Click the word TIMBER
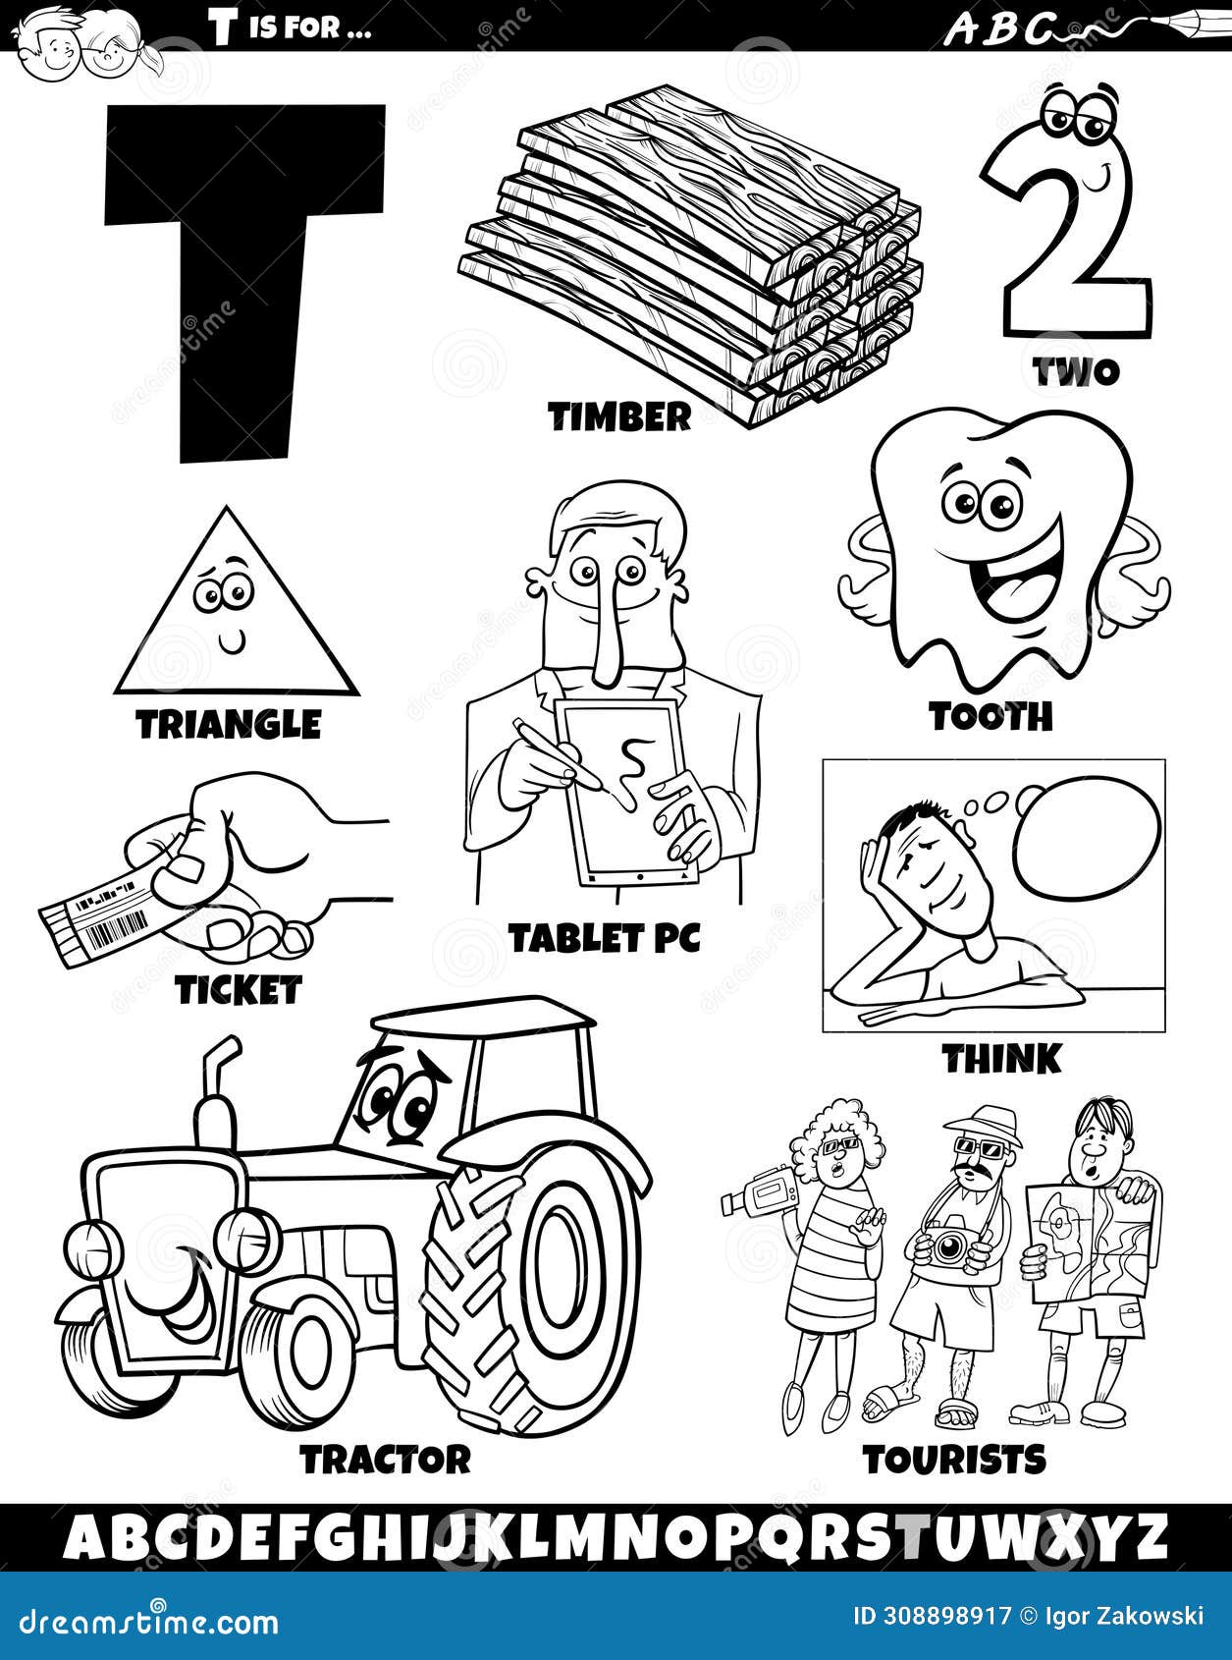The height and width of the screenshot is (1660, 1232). coord(619,417)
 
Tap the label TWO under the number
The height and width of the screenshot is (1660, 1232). coord(1075,371)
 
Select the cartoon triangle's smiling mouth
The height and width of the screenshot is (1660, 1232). coord(232,643)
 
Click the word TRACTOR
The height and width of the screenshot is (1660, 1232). coord(386,1460)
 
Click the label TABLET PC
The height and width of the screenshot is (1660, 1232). coord(605,939)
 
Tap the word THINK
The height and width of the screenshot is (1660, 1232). coord(1001,1059)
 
